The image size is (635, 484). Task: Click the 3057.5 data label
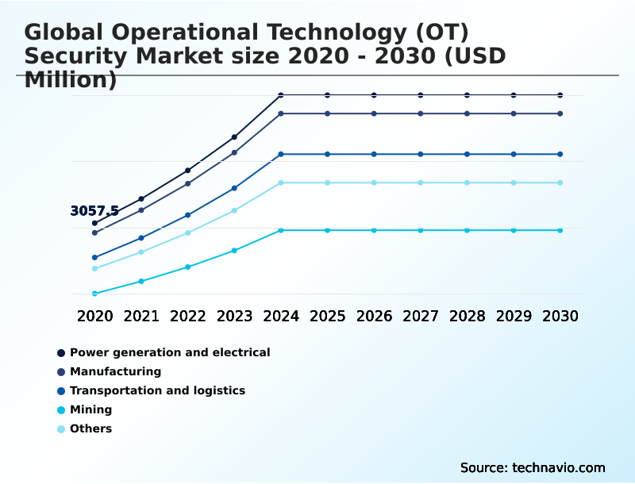[94, 211]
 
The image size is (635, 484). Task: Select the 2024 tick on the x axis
[281, 316]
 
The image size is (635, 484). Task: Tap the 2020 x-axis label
[94, 316]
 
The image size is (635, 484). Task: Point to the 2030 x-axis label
[560, 316]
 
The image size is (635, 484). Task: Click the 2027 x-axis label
[420, 316]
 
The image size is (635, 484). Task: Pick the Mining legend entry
[90, 410]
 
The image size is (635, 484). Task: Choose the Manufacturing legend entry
[115, 371]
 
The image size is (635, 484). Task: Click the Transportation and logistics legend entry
[157, 390]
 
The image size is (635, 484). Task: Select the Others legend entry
[90, 429]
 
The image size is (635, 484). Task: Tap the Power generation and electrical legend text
[170, 352]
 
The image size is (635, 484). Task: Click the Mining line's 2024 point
[281, 230]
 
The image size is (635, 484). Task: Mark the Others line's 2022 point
[188, 232]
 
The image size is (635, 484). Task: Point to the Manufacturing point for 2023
[234, 152]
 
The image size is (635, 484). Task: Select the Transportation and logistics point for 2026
[374, 154]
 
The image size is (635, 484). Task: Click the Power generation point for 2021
[141, 198]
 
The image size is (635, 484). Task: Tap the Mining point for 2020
[94, 294]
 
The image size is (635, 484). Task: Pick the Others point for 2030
[560, 182]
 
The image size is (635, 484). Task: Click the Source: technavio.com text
[533, 467]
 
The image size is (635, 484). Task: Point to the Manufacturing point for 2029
[514, 113]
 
